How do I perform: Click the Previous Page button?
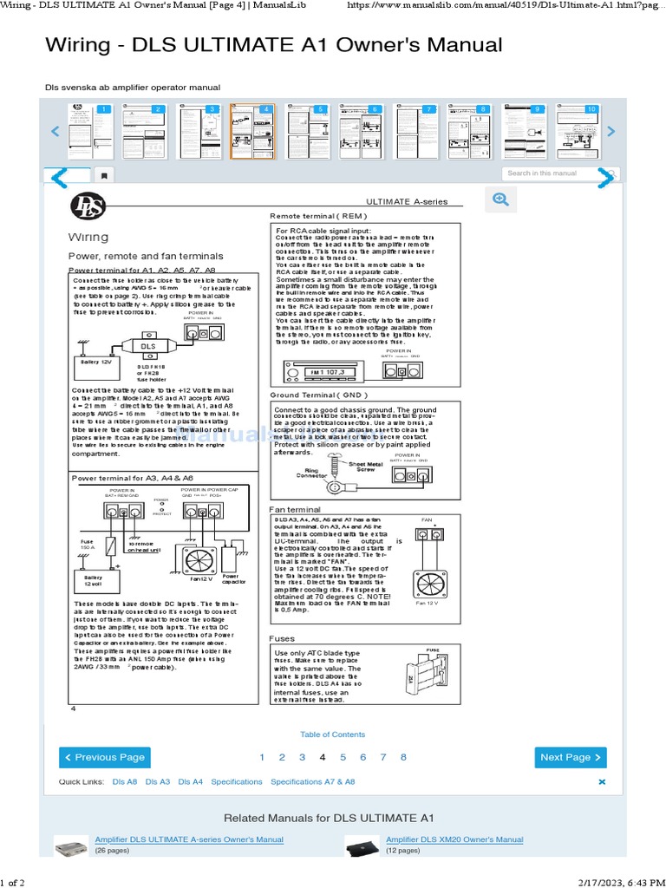(x=103, y=757)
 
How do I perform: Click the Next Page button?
(x=570, y=757)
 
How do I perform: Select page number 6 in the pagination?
(x=362, y=757)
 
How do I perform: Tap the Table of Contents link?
(x=332, y=735)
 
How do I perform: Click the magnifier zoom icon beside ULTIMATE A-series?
(x=500, y=199)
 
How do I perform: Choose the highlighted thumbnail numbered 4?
(x=252, y=131)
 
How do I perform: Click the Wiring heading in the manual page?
(x=88, y=238)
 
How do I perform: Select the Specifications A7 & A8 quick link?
(x=312, y=781)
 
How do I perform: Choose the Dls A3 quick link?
(x=158, y=781)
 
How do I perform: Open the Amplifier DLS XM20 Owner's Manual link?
(x=454, y=839)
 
